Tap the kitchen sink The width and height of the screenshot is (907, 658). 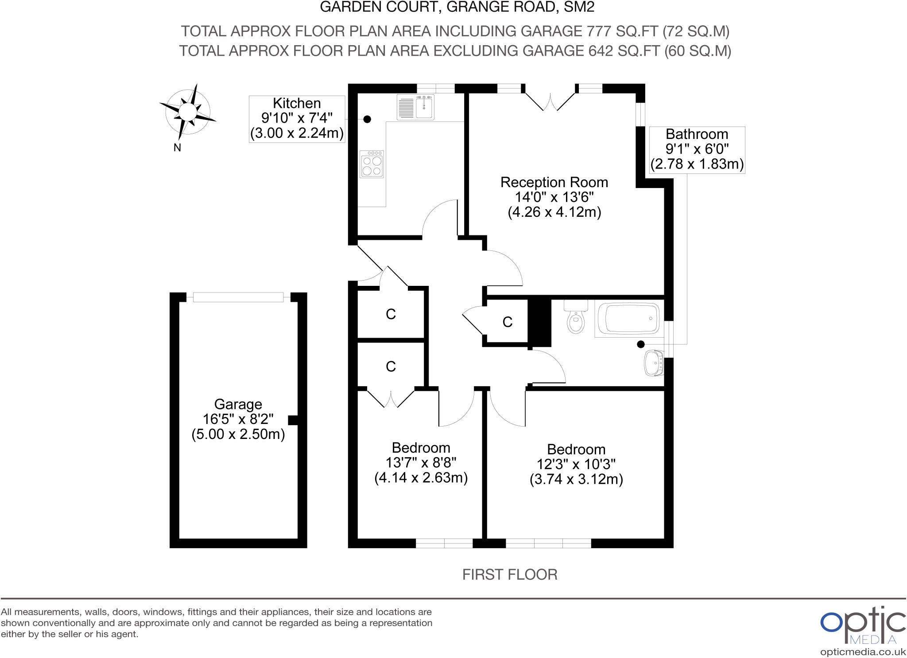(416, 107)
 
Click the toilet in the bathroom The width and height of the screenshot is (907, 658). (575, 319)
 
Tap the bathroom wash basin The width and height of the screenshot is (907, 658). (654, 363)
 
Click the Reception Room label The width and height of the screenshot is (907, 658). (554, 182)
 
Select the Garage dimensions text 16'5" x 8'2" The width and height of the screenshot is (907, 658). (238, 419)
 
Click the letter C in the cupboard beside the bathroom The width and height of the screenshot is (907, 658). (508, 322)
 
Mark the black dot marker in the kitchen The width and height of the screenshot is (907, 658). (367, 119)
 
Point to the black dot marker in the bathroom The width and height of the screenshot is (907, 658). (640, 344)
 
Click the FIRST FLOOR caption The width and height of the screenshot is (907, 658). (510, 575)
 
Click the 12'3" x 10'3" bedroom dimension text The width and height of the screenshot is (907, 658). (576, 465)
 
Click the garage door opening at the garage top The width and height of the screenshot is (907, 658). (238, 297)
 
